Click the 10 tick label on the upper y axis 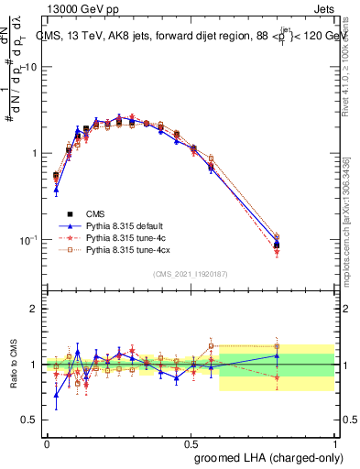pos(31,67)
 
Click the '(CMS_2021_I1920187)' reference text pos(191,272)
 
